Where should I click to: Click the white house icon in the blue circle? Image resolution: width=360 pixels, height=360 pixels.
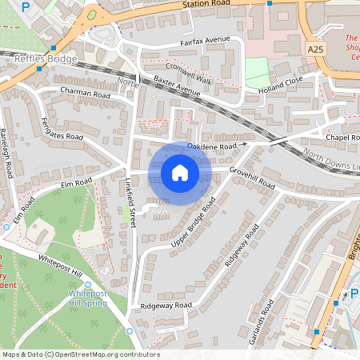180,172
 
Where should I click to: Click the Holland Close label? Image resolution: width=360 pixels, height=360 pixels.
281,90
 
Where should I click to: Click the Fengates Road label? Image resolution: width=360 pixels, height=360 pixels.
62,129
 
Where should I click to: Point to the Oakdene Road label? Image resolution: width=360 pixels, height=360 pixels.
212,146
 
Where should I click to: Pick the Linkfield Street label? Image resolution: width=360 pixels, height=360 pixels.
130,202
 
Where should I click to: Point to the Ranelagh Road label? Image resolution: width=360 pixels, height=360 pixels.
7,152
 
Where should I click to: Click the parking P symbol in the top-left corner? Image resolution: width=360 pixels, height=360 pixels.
26,6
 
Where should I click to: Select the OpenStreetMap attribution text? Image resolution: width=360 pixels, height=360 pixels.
81,354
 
